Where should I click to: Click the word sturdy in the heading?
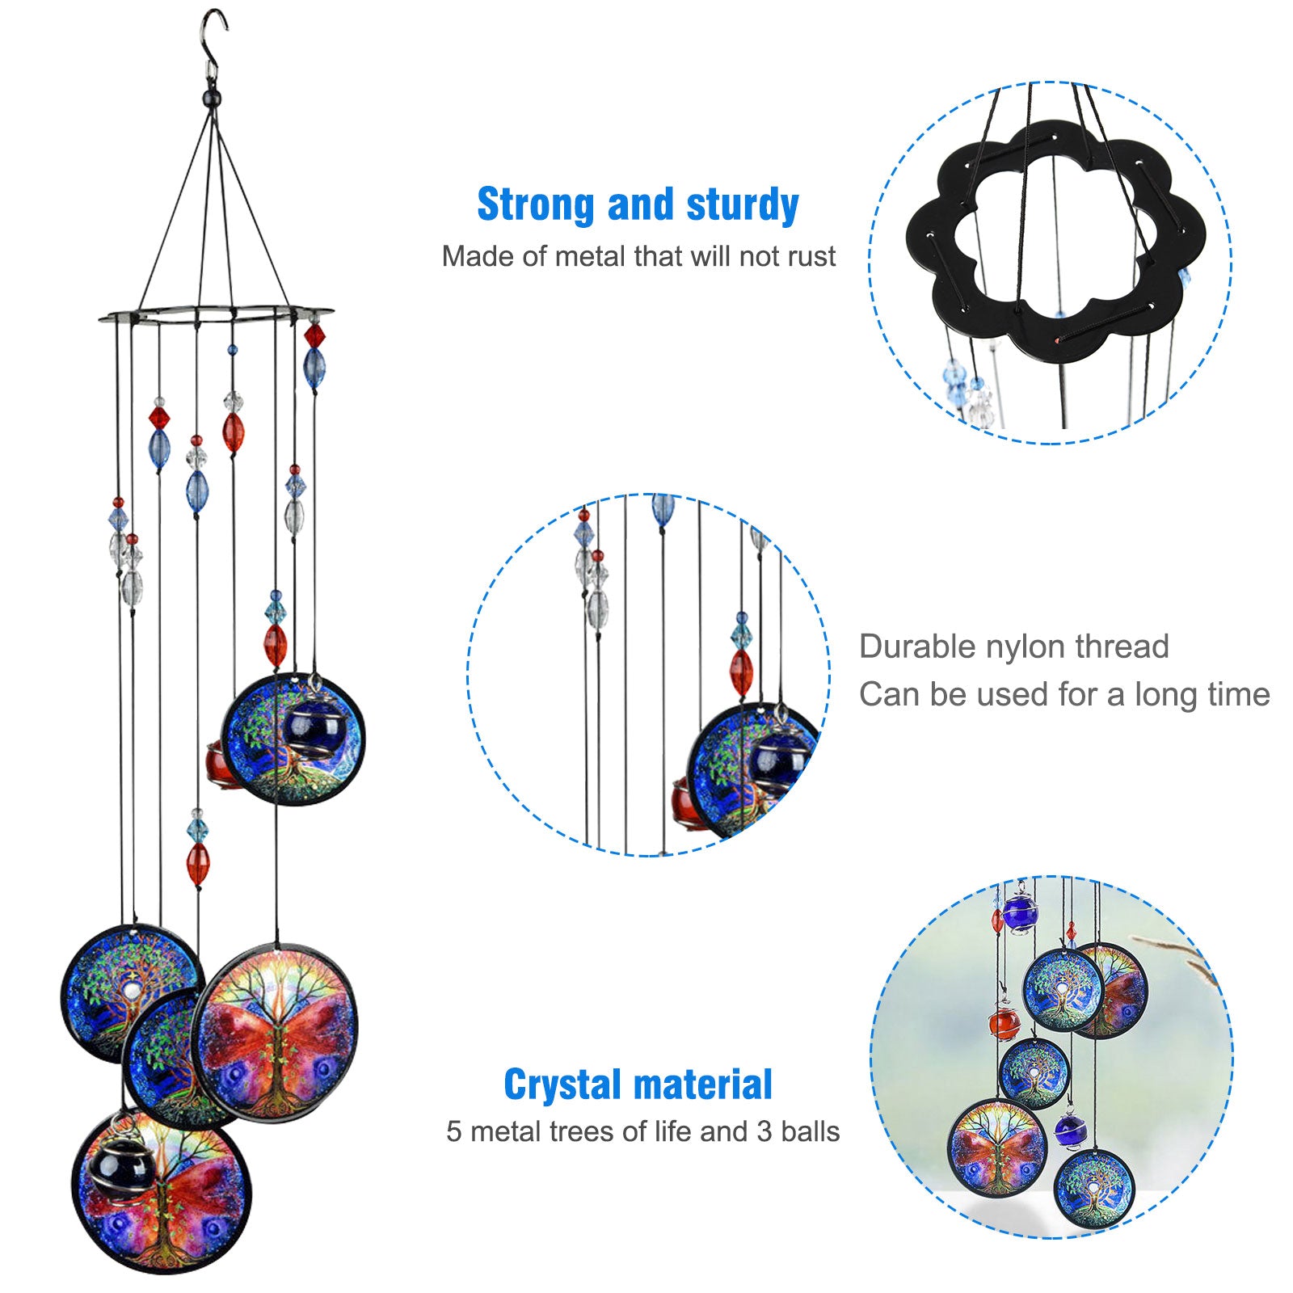pos(742,204)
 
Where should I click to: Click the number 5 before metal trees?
pos(453,1131)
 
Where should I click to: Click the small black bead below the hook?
pos(213,99)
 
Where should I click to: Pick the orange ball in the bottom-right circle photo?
pos(1004,1024)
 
